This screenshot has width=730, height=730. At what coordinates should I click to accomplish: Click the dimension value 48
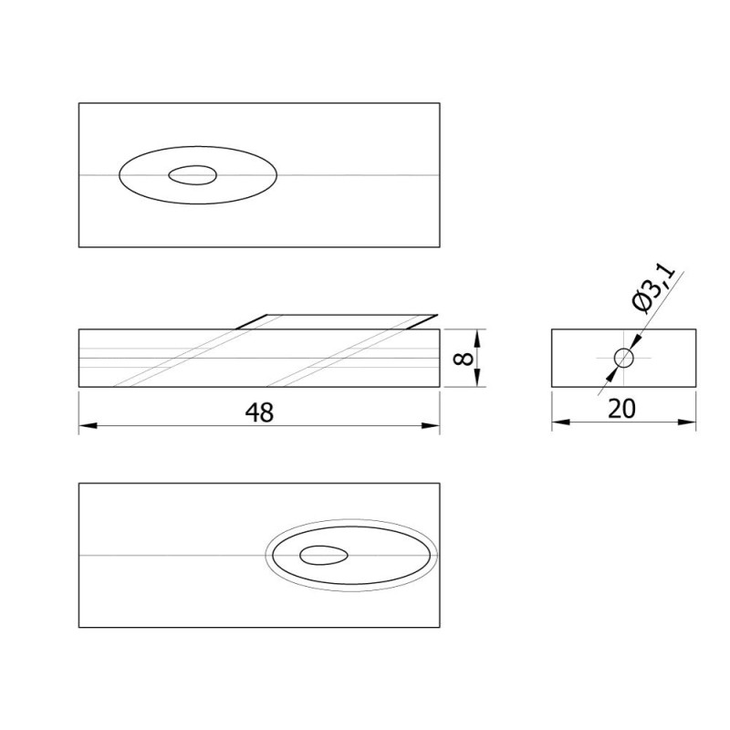coord(259,412)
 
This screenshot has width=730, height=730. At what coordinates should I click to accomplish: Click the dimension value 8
coord(464,358)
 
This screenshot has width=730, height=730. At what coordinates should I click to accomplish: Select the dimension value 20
coord(621,409)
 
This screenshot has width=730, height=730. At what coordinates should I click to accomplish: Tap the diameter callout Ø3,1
coord(654,288)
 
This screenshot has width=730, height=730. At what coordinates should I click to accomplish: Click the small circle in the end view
coord(624,358)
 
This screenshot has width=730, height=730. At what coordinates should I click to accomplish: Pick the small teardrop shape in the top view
coord(193,175)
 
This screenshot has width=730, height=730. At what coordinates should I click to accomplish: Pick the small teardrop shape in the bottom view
coord(324,556)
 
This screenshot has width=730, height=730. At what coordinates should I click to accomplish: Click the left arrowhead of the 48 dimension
coord(88,425)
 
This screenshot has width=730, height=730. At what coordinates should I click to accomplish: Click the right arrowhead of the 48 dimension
coord(431,425)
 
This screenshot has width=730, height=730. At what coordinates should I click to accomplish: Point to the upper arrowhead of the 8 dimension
coord(476,339)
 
